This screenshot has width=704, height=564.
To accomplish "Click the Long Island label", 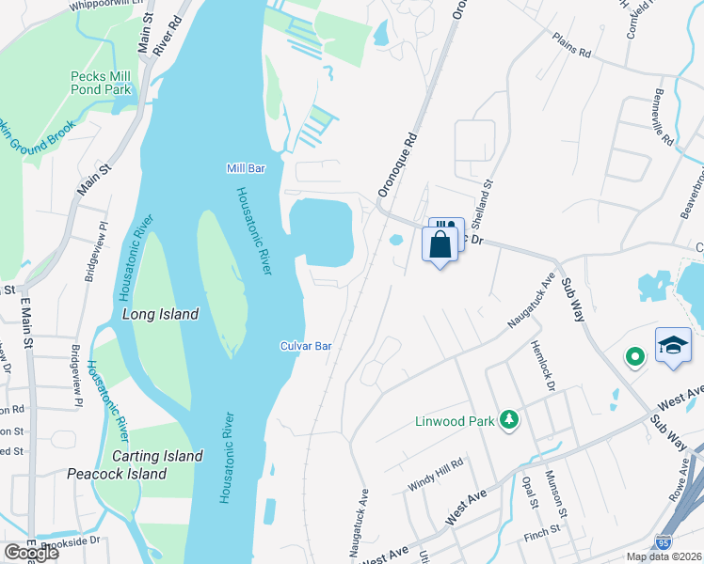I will pos(160,314).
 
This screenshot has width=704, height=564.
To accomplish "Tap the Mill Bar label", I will pos(247,168).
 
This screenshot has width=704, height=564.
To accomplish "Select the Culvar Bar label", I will pos(306,346).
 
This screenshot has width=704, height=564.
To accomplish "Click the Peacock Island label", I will pos(117,474).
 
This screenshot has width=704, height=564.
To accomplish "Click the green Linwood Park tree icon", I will pos(509,419).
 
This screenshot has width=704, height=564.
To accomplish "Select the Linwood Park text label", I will pos(455,421).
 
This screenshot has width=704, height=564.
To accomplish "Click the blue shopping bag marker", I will pos(440,244).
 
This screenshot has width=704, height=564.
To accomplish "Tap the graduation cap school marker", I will pos(674,344).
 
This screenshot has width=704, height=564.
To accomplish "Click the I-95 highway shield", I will pos(664,543).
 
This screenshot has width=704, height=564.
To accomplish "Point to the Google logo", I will pos(30,552).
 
